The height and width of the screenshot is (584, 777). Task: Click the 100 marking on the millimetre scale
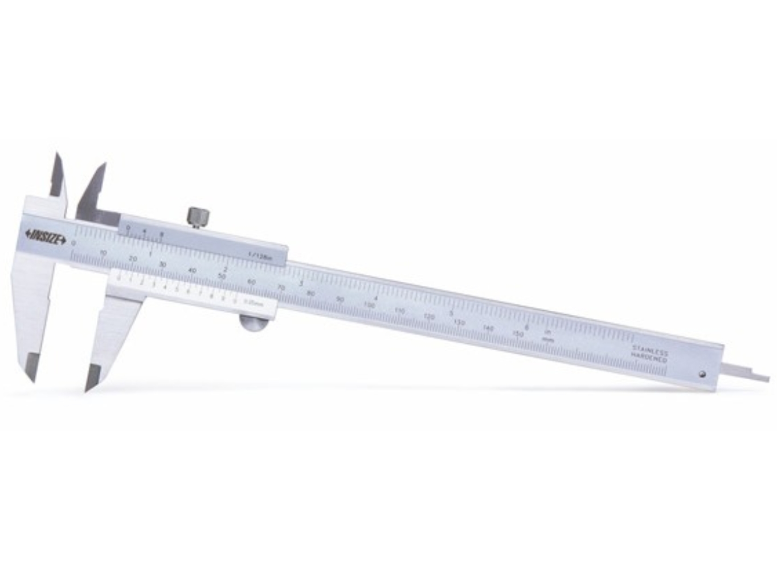point(369,306)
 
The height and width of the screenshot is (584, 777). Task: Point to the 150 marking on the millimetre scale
point(518,334)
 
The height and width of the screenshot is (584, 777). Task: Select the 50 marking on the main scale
point(222,276)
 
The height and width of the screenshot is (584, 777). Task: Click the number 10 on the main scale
point(103,252)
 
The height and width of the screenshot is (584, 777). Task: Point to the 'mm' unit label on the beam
point(548,339)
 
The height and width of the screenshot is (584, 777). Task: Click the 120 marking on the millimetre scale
point(429,317)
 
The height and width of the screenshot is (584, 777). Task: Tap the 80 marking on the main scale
point(310,293)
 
